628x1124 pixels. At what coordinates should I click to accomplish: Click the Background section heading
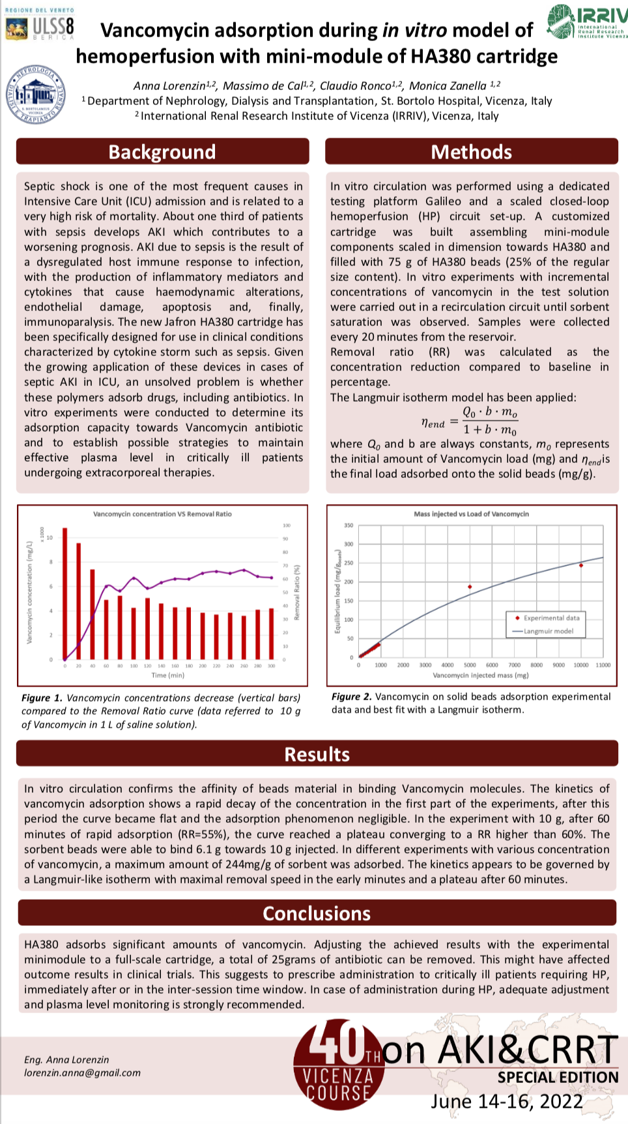pyautogui.click(x=162, y=152)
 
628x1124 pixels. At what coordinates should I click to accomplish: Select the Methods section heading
pyautogui.click(x=471, y=152)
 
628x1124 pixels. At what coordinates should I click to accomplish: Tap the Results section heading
pyautogui.click(x=317, y=754)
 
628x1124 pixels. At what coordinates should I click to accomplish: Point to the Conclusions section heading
pyautogui.click(x=317, y=913)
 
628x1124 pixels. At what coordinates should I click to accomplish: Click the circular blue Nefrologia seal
pyautogui.click(x=35, y=95)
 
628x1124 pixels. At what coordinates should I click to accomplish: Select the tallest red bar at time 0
pyautogui.click(x=64, y=593)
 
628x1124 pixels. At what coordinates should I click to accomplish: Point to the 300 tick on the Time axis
pyautogui.click(x=271, y=666)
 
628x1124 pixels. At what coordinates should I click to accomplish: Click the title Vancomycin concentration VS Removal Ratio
pyautogui.click(x=162, y=514)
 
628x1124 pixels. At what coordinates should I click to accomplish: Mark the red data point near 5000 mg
pyautogui.click(x=470, y=587)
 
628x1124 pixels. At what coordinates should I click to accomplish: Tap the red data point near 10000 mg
pyautogui.click(x=581, y=565)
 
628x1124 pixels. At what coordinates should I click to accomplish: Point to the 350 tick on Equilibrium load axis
pyautogui.click(x=349, y=525)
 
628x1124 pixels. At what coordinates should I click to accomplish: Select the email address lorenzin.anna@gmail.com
pyautogui.click(x=82, y=1072)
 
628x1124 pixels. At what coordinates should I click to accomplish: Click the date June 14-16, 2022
pyautogui.click(x=507, y=1101)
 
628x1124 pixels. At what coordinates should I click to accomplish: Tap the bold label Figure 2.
pyautogui.click(x=351, y=696)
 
